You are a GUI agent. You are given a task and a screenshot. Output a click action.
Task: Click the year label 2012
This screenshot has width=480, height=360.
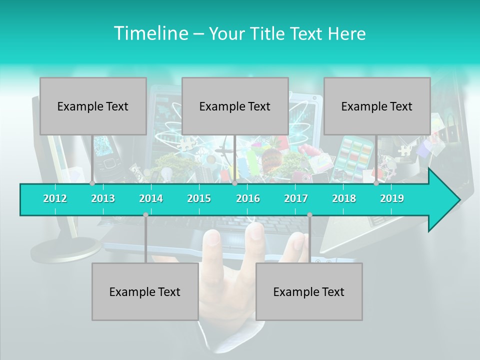pyautogui.click(x=55, y=198)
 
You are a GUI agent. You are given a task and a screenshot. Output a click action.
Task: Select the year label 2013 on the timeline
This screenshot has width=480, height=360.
pyautogui.click(x=103, y=198)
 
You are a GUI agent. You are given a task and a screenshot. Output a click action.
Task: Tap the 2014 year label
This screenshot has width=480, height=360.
pyautogui.click(x=151, y=198)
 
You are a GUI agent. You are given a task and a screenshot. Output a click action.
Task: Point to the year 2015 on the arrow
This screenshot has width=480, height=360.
pyautogui.click(x=199, y=198)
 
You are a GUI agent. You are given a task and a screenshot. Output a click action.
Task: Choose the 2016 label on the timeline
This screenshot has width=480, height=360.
pyautogui.click(x=248, y=198)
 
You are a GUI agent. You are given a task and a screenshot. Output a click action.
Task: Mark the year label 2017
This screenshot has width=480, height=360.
pyautogui.click(x=296, y=198)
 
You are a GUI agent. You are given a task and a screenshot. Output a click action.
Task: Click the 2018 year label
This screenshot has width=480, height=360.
pyautogui.click(x=344, y=198)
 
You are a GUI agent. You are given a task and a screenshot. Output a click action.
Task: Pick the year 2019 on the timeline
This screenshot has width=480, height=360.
pyautogui.click(x=392, y=198)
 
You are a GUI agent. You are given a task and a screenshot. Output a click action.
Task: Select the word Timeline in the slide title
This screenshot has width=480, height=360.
pyautogui.click(x=150, y=33)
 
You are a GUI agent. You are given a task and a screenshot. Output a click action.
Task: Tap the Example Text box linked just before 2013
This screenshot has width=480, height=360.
pyautogui.click(x=93, y=106)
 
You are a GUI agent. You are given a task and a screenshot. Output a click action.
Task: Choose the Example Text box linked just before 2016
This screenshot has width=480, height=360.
pyautogui.click(x=235, y=106)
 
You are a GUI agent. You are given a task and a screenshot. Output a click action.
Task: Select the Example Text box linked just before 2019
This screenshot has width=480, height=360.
pyautogui.click(x=377, y=106)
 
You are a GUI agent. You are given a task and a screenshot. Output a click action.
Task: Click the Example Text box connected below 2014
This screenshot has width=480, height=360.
pyautogui.click(x=145, y=291)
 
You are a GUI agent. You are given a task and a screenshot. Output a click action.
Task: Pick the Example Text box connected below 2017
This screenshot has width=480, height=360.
pyautogui.click(x=309, y=291)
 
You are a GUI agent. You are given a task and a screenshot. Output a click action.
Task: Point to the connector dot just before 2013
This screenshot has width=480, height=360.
pyautogui.click(x=92, y=183)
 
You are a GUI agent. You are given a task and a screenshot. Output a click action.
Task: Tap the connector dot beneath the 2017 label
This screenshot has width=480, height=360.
pyautogui.click(x=309, y=215)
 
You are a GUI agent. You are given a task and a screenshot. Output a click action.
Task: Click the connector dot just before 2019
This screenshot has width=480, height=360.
pyautogui.click(x=376, y=183)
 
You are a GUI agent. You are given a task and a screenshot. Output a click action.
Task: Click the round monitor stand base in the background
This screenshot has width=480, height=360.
pyautogui.click(x=65, y=250)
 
